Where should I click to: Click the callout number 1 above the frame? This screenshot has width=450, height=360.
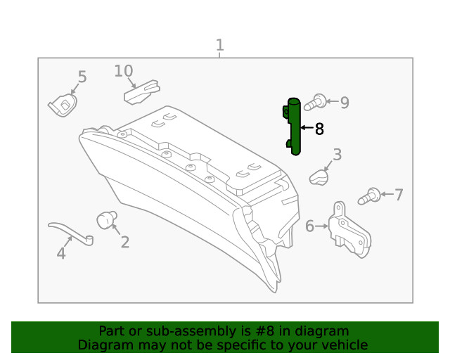pos(219,46)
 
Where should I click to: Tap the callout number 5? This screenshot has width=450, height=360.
pos(82,77)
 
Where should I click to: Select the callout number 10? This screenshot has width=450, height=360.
pos(124,71)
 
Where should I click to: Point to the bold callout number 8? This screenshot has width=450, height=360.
pos(319,129)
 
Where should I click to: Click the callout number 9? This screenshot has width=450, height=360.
pos(344,103)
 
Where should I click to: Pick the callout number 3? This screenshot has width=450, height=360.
pos(337,155)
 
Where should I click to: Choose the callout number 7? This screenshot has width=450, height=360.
pos(399,195)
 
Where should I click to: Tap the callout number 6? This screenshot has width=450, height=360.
pos(309,226)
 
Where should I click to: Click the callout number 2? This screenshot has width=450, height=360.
pos(124,243)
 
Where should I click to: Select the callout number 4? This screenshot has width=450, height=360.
pos(61,253)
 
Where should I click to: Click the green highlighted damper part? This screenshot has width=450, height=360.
pos(295,127)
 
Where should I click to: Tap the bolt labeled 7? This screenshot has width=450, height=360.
pos(370,196)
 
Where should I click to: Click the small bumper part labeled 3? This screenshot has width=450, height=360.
pos(320,177)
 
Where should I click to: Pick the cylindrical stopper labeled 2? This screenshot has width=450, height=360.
pos(107,219)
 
